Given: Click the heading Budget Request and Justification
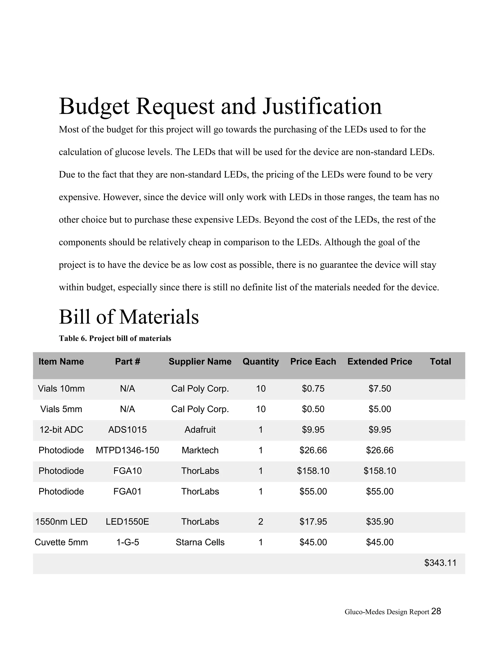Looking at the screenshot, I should [220, 106].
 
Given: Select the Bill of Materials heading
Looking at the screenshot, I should [129, 317].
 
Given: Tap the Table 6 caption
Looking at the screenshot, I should [115, 338].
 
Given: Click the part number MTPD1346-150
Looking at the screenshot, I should [127, 450].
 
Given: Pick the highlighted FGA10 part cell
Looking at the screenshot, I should [127, 471].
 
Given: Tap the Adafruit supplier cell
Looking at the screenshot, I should [200, 429].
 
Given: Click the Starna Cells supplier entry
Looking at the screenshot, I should [200, 542].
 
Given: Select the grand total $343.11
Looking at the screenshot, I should [440, 563].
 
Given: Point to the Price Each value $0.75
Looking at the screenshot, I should [313, 388].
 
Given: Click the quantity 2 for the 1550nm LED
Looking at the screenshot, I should [261, 522].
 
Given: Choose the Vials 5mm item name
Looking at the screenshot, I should [61, 409].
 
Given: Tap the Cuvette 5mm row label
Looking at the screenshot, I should [61, 542].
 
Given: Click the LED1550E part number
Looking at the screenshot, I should [127, 522].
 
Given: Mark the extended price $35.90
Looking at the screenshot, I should [379, 522].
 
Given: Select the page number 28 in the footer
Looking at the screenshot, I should [436, 611].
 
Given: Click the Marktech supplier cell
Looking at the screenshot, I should [200, 450].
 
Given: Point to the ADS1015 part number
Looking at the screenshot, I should [127, 429].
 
